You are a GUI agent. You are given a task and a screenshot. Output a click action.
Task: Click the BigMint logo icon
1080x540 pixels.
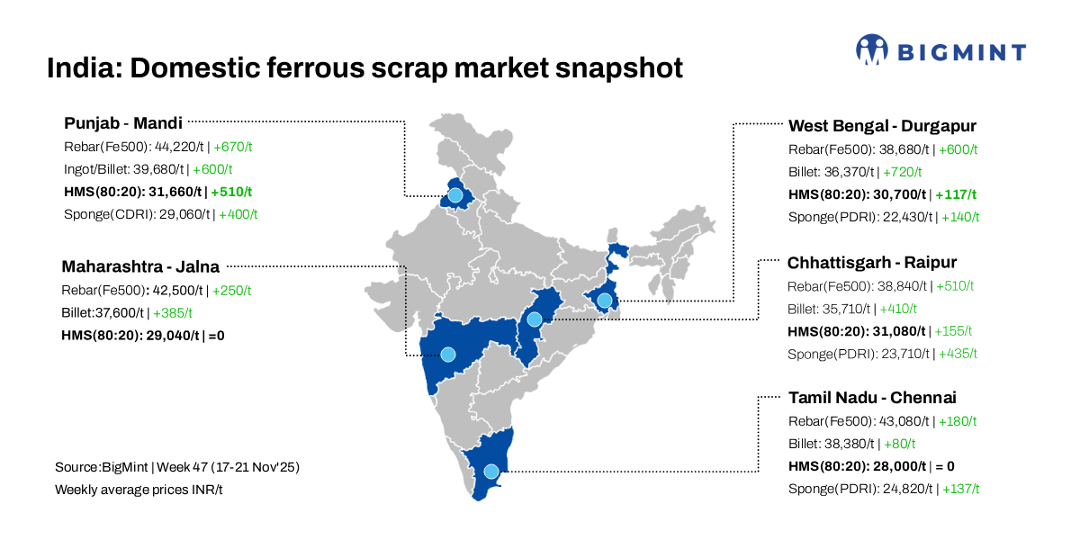870,50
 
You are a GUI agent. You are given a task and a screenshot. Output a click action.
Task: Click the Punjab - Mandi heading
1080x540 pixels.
123,122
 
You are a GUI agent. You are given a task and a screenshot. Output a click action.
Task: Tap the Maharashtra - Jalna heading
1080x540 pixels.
140,266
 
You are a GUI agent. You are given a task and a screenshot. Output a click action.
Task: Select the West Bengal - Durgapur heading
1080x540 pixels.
882,126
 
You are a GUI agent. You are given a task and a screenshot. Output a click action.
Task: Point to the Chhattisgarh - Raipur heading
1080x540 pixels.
872,263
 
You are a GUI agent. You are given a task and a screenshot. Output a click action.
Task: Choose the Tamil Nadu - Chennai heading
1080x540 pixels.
872,398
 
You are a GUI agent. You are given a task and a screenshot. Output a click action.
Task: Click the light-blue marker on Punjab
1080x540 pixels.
455,194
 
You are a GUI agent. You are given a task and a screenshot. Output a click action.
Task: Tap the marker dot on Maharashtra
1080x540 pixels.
448,355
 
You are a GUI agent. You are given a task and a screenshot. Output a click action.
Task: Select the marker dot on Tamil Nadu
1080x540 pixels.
490,471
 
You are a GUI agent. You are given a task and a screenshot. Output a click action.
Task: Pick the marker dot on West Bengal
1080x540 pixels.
605,301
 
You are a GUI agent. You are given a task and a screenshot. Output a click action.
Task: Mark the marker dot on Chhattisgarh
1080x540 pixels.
535,319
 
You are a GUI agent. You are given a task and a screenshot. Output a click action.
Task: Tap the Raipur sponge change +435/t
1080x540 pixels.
958,354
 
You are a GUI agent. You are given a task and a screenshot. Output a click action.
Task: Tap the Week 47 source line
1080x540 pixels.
176,467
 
